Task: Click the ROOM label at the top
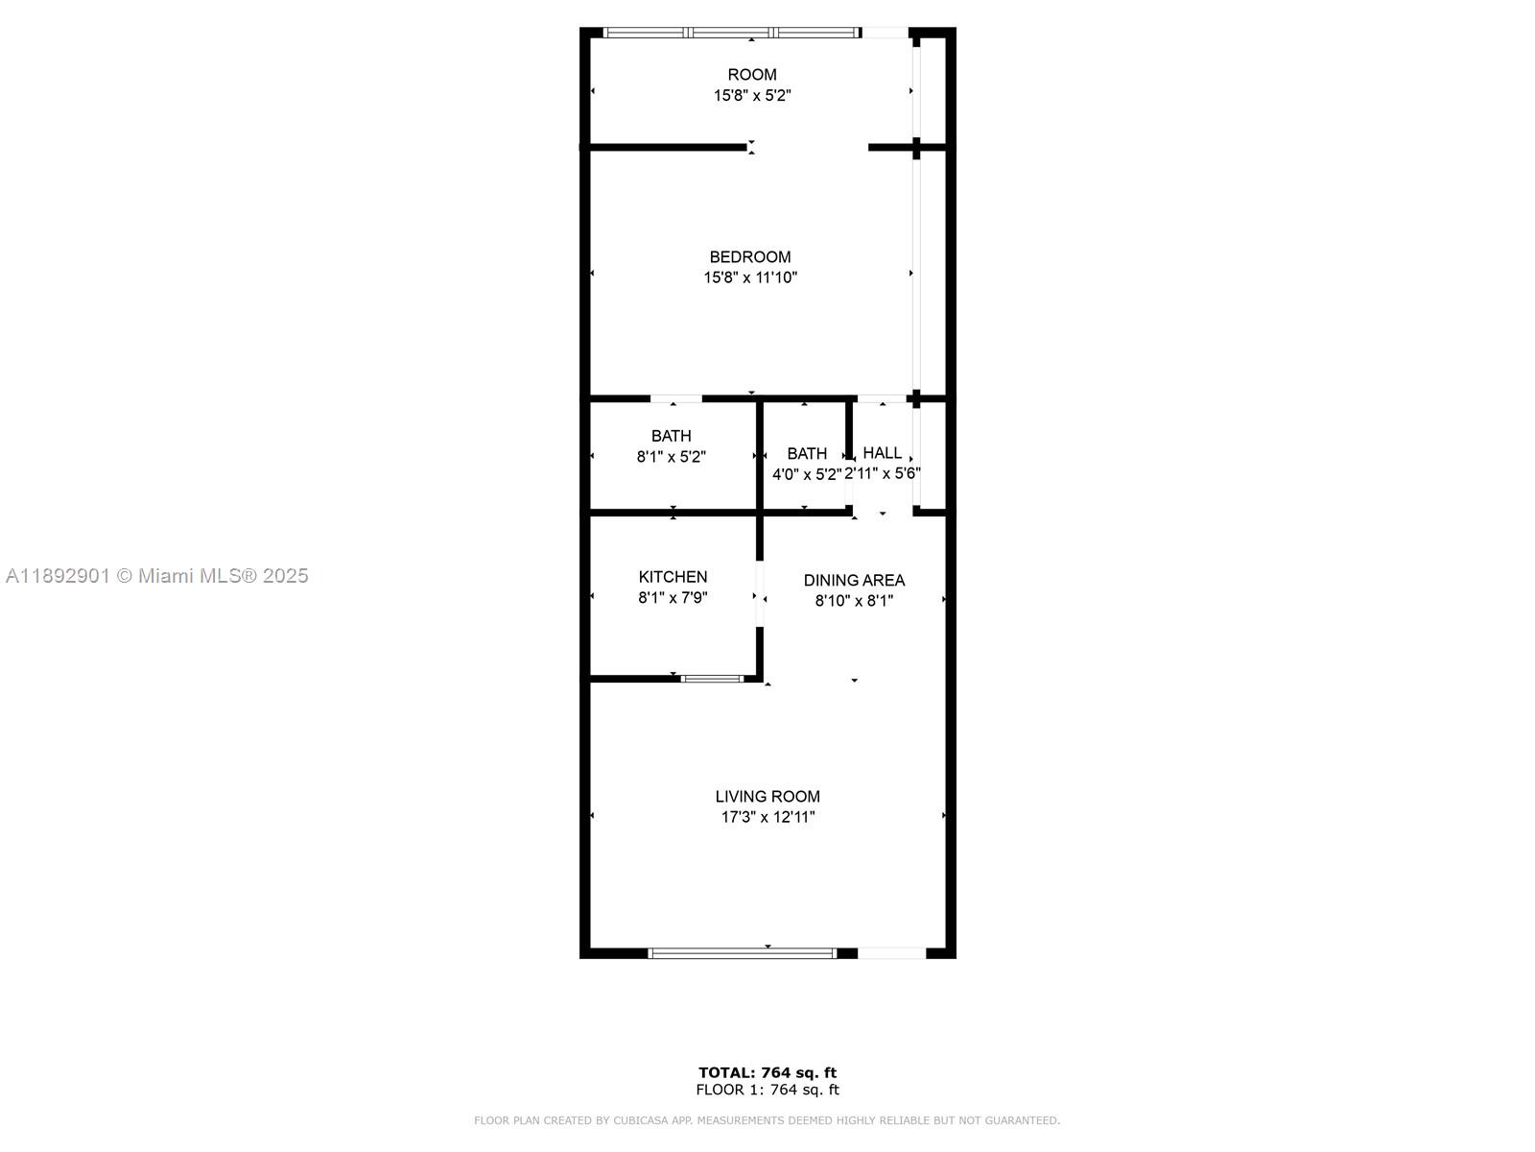tap(752, 75)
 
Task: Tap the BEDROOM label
tap(750, 257)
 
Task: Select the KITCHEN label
tap(673, 577)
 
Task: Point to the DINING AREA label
tap(854, 581)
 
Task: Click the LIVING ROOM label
tap(767, 797)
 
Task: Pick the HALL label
tap(882, 453)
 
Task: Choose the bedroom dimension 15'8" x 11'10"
tap(750, 278)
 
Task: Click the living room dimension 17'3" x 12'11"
tap(767, 818)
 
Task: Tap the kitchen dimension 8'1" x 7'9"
tap(673, 598)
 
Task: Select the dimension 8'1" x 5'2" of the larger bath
tap(672, 457)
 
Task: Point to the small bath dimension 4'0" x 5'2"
tap(807, 474)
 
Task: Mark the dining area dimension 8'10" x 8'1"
tap(854, 602)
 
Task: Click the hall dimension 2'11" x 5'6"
tap(883, 474)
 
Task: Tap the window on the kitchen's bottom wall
tap(712, 679)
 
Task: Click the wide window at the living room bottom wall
tap(743, 953)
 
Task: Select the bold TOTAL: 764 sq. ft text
tap(767, 1072)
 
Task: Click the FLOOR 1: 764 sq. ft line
tap(767, 1090)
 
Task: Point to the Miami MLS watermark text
tap(157, 576)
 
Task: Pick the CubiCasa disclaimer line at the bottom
tap(767, 1120)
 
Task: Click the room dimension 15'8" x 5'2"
tap(752, 96)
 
